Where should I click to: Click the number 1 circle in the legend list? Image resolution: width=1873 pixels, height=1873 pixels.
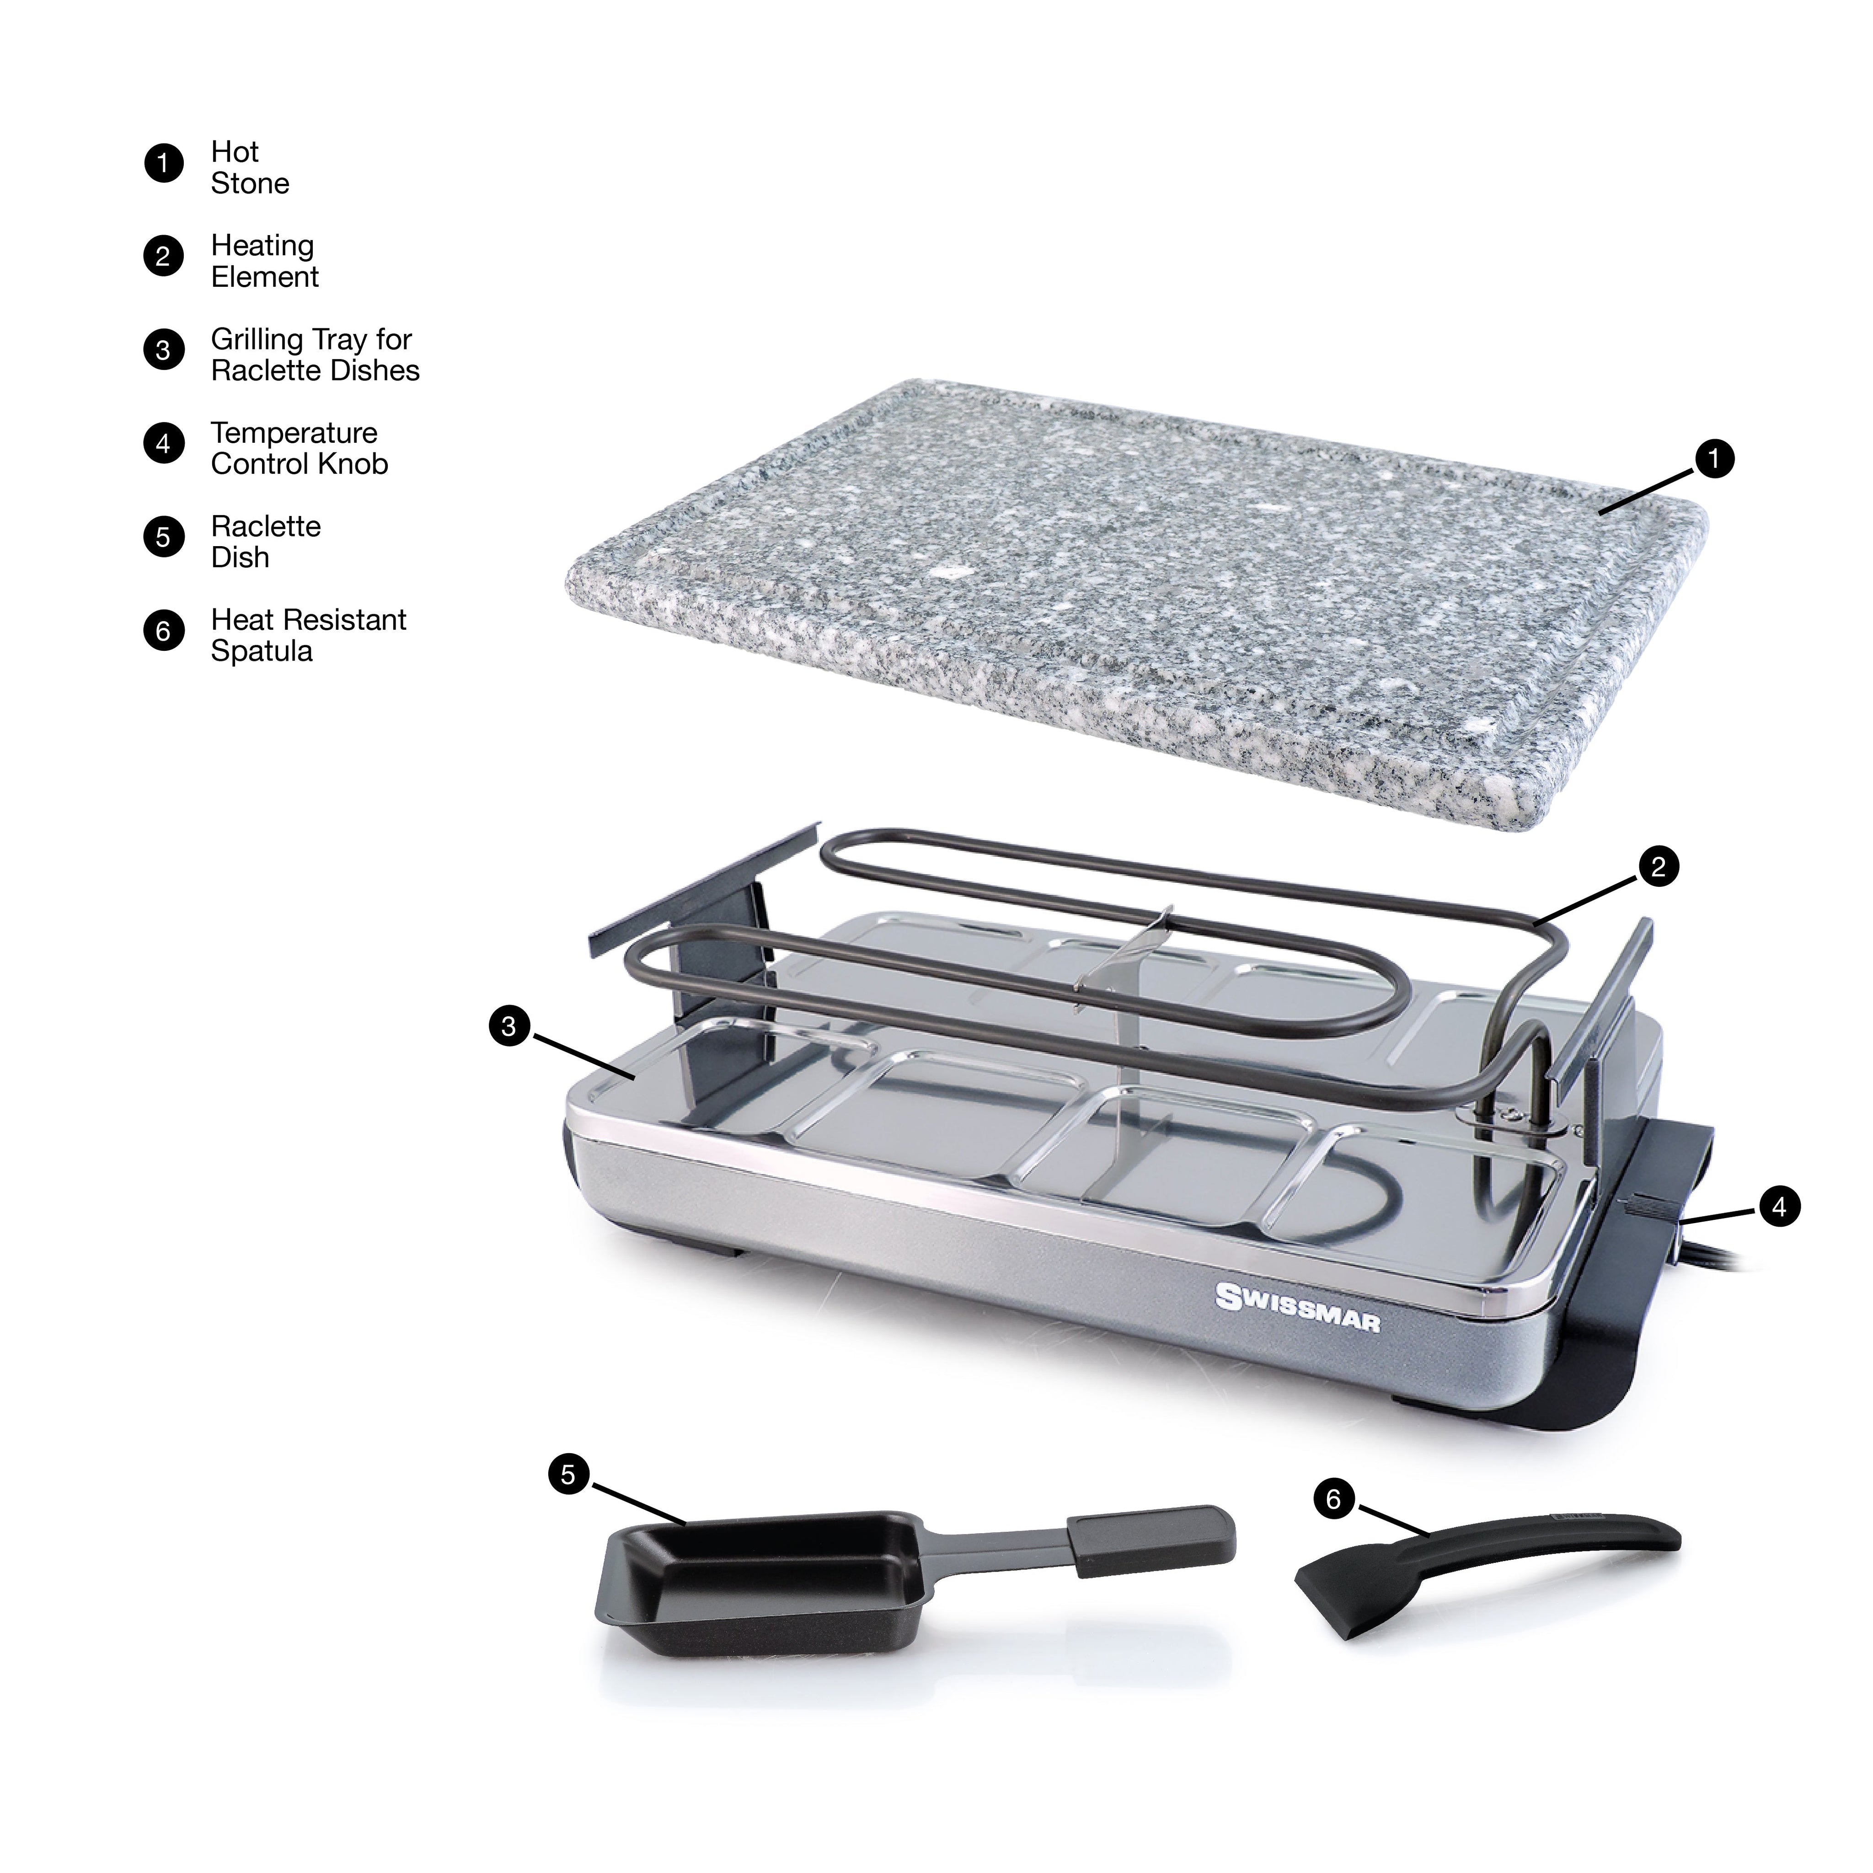coord(164,163)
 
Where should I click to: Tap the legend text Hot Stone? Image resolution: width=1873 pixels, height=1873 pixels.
coord(250,168)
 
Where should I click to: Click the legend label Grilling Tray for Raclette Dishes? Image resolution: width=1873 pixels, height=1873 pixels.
coord(315,355)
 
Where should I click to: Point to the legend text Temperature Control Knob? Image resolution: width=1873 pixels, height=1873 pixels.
coord(300,448)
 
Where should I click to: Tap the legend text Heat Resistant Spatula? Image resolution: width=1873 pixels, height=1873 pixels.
coord(308,635)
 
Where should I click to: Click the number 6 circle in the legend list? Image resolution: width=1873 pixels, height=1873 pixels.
coord(164,631)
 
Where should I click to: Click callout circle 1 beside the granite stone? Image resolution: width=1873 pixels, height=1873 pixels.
coord(1714,457)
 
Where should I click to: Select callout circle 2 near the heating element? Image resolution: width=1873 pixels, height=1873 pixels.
coord(1658,866)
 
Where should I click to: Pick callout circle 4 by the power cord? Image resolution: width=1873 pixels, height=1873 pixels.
coord(1779,1207)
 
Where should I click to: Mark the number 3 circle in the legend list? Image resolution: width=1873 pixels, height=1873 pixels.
coord(164,350)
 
